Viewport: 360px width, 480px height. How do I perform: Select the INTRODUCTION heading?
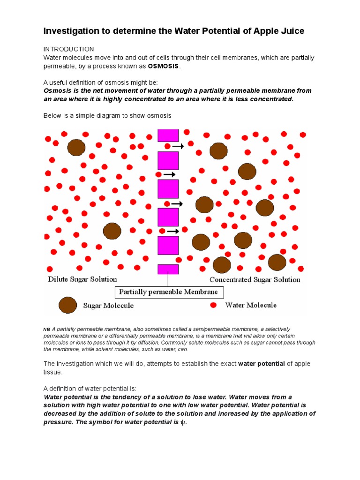click(x=68, y=49)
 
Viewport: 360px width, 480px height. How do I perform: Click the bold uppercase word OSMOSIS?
click(x=164, y=66)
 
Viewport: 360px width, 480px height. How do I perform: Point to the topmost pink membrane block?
click(x=168, y=135)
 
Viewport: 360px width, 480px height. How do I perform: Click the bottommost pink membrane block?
click(x=168, y=269)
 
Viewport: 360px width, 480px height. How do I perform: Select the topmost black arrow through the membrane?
click(x=178, y=146)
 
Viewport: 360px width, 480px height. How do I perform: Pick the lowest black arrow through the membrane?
click(x=173, y=231)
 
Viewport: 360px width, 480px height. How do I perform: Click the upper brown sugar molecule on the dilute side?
click(x=76, y=147)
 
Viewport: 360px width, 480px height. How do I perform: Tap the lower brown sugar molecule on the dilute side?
click(x=112, y=231)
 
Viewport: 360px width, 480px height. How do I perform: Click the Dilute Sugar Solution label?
click(x=82, y=279)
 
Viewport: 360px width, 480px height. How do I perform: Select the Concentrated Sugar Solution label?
click(x=255, y=280)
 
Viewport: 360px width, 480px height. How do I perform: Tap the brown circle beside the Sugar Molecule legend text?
click(x=67, y=305)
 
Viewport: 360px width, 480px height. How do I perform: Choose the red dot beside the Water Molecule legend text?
click(x=213, y=305)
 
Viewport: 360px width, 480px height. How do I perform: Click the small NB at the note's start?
click(x=47, y=330)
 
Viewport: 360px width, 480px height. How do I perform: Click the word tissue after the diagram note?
click(x=52, y=372)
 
